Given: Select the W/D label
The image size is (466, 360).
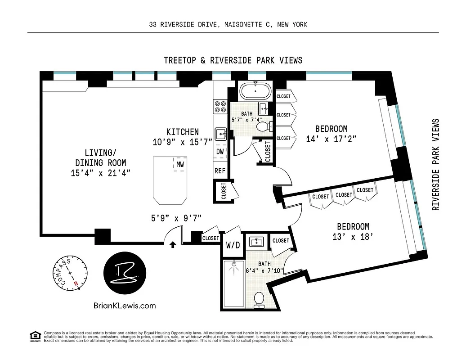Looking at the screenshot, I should [x=233, y=246].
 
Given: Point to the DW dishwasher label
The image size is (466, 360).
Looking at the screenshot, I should [x=220, y=152].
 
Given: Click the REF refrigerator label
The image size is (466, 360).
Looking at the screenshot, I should [x=220, y=171].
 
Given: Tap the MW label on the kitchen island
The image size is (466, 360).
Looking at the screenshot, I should [x=180, y=164].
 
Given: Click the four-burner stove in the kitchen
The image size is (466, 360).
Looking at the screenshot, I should [x=220, y=106].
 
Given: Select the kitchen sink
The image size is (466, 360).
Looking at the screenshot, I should [x=220, y=134].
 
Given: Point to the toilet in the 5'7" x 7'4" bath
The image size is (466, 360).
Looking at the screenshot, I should [x=263, y=126].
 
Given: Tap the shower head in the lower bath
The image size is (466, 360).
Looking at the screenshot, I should [x=233, y=266].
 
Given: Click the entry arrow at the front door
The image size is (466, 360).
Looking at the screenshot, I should [x=173, y=245].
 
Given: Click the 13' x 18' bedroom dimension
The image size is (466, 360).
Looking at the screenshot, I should [x=353, y=237].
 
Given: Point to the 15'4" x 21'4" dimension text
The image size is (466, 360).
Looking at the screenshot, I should [x=101, y=173].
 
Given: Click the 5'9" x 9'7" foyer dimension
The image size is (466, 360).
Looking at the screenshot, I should [x=176, y=219].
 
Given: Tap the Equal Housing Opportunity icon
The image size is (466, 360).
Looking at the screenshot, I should [x=34, y=336].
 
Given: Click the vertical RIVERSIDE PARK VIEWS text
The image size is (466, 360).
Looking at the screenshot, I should [x=435, y=164].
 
